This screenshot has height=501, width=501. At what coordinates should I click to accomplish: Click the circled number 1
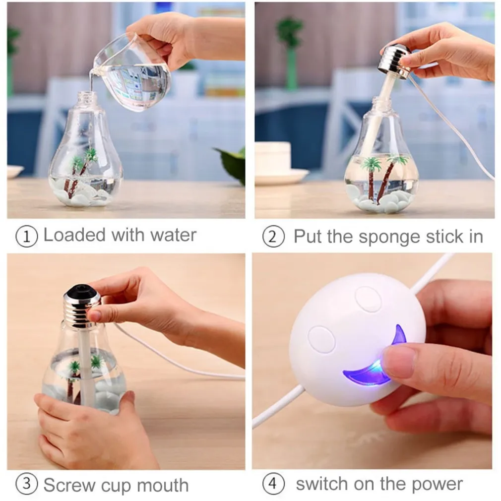coord(27,237)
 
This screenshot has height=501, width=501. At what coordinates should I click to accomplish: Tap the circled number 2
coord(273,237)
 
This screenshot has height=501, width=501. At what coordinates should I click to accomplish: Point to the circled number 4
coord(273,483)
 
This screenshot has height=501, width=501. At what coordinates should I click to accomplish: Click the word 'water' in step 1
coord(173,235)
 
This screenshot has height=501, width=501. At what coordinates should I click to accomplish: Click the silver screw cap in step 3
coord(81,307)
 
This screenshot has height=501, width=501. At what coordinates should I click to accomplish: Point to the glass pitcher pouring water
coord(132,70)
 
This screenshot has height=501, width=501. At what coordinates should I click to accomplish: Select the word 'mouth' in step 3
coord(163,485)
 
